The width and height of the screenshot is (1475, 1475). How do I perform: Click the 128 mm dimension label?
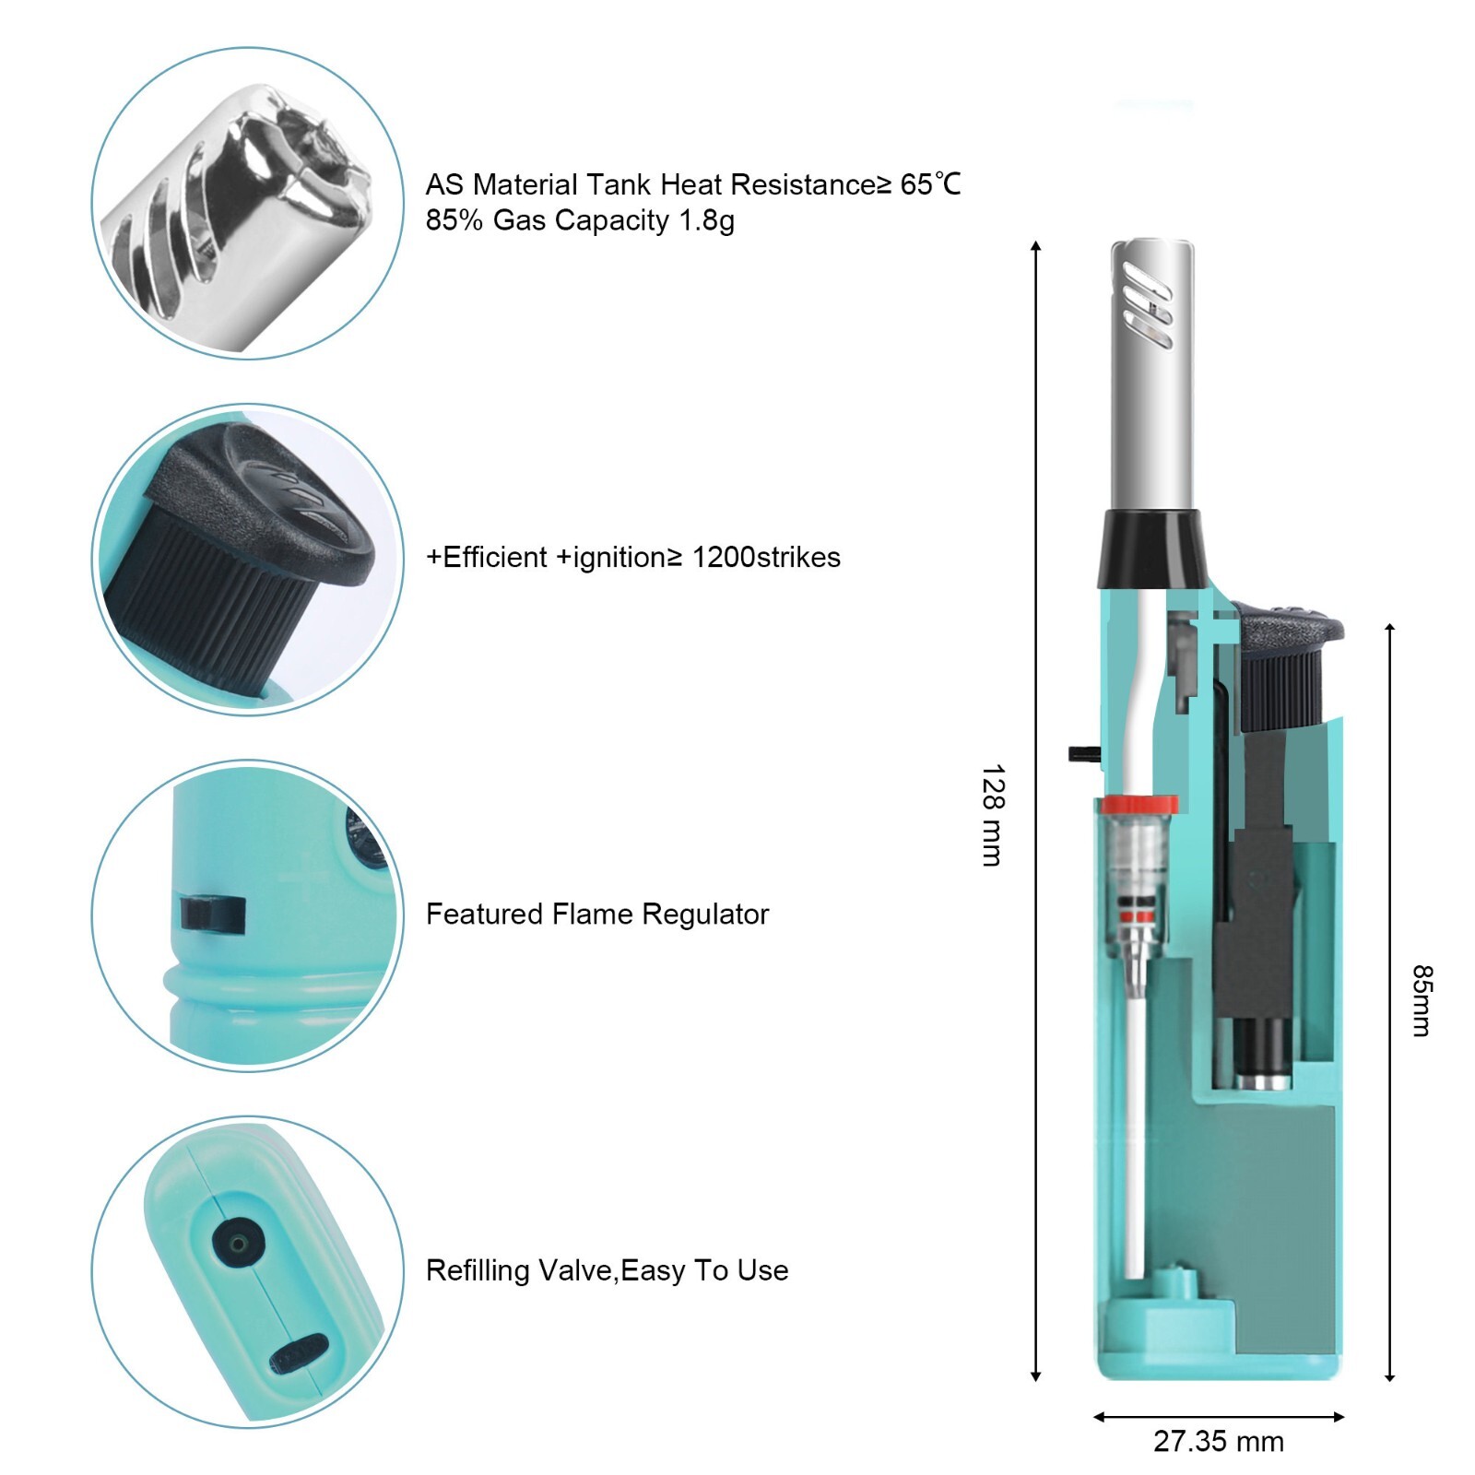coord(992,815)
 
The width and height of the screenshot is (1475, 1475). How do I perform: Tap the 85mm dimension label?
coord(1422,1000)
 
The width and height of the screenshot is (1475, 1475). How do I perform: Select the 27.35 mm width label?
coord(1218,1441)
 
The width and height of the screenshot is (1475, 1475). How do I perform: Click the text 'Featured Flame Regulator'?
coord(596,914)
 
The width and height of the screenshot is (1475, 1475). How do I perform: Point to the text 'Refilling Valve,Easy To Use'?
coord(607,1270)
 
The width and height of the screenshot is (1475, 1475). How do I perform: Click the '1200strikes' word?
coord(766,557)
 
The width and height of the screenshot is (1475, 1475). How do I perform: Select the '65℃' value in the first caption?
coord(930,184)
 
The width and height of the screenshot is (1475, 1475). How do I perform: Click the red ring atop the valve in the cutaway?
coord(1139,804)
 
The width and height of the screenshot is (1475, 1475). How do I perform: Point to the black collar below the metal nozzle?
coord(1152,549)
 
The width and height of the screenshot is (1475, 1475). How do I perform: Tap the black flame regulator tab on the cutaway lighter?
coord(1084,753)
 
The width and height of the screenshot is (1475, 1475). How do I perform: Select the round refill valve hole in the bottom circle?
coord(238,1244)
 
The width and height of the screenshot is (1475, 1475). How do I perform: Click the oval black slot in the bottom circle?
coord(299,1353)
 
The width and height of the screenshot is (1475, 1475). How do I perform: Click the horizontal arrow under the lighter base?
coord(1218,1416)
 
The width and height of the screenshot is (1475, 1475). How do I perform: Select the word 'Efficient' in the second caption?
coord(495,557)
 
